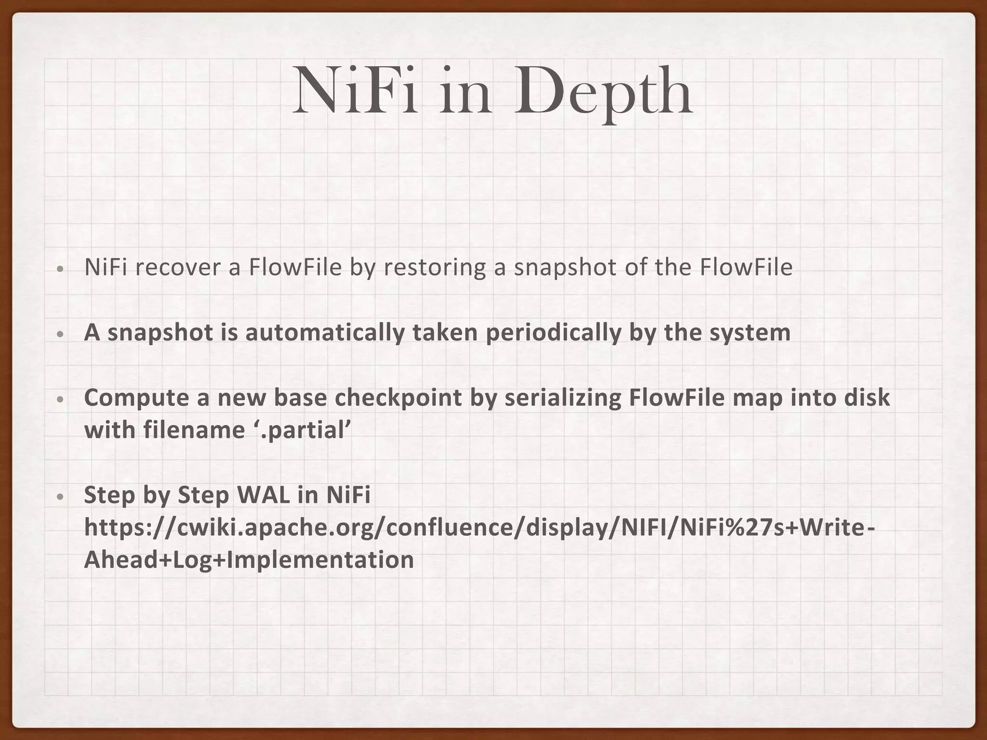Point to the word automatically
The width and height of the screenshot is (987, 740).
point(325,333)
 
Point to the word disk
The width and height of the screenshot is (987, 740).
point(867,397)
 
